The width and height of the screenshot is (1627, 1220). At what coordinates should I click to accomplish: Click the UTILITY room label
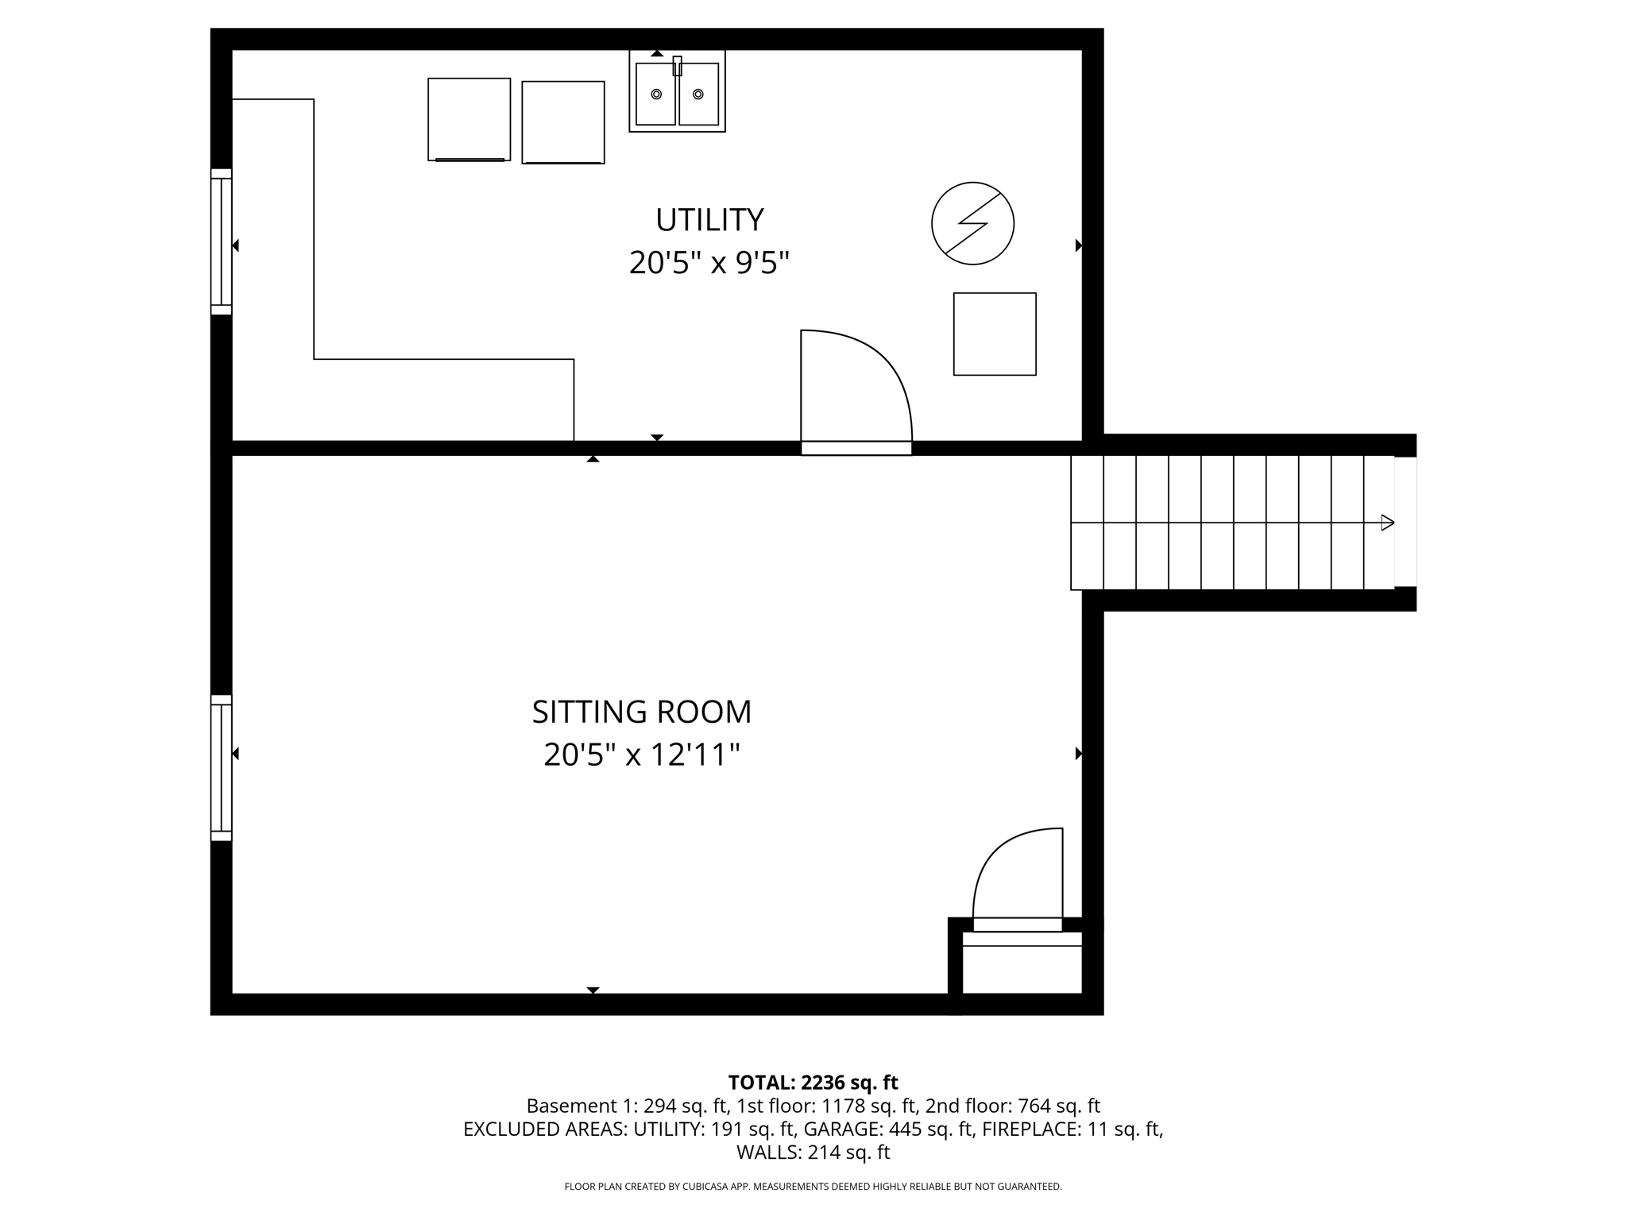709,220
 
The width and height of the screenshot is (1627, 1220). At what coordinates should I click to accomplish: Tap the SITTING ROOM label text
641,712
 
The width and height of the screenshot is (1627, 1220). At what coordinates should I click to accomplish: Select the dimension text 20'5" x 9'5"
709,263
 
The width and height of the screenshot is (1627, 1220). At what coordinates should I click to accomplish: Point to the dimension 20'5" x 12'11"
641,755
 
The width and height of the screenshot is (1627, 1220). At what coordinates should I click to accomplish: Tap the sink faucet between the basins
677,66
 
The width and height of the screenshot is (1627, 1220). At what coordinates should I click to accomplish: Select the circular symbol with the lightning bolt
972,223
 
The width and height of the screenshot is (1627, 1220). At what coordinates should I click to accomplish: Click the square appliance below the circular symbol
995,334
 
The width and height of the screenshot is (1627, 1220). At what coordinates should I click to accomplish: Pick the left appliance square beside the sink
469,119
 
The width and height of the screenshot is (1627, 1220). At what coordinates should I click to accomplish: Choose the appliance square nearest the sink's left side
562,122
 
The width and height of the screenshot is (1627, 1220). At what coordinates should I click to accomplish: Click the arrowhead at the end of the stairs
1387,523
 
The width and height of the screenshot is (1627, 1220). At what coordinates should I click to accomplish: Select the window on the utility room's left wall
221,241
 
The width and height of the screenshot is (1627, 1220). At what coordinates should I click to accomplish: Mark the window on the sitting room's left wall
221,768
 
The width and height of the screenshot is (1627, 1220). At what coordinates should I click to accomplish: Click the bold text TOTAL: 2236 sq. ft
813,1083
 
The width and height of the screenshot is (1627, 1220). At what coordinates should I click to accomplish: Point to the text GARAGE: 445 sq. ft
889,1129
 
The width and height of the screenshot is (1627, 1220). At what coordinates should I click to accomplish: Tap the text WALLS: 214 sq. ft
813,1152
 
